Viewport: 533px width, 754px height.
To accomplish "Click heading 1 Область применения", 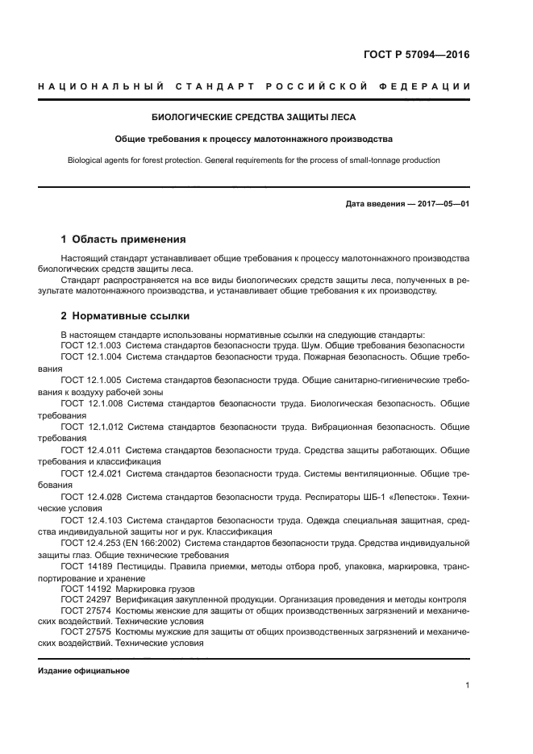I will (x=123, y=240).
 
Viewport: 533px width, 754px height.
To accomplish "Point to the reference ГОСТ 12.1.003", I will (x=91, y=344).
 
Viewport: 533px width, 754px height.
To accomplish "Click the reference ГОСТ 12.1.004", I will (x=91, y=356).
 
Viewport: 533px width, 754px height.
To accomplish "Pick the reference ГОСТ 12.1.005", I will (x=91, y=379).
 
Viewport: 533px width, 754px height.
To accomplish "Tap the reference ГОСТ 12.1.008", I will (x=91, y=402).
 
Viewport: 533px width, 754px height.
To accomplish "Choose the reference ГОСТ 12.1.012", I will (x=91, y=426).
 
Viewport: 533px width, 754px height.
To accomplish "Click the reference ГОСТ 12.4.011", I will (x=91, y=449).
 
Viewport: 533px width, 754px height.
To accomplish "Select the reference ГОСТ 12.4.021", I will (x=91, y=473).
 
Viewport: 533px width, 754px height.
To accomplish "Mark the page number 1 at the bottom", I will (x=467, y=685).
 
